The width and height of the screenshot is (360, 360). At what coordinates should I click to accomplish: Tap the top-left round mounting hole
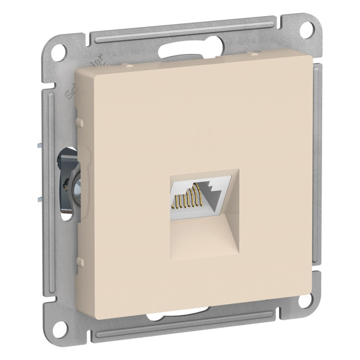tap(59, 50)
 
